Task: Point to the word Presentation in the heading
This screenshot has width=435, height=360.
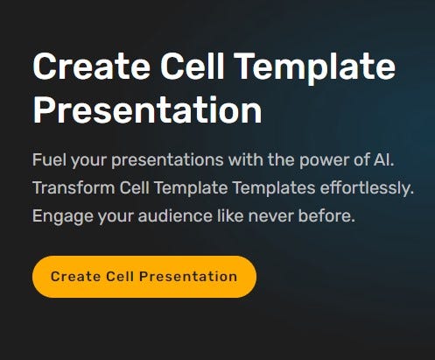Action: [x=147, y=111]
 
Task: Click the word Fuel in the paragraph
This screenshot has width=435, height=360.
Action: [x=48, y=162]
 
